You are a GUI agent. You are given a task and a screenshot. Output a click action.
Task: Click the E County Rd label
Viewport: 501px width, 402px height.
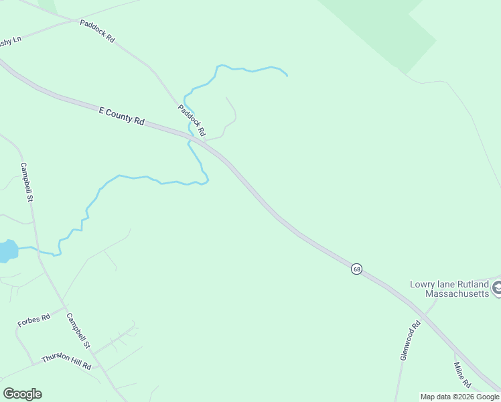click(x=121, y=116)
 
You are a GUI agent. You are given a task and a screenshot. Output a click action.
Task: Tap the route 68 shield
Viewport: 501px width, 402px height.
click(x=356, y=269)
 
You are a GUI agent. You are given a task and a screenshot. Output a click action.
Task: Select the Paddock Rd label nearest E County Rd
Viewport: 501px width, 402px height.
click(x=191, y=120)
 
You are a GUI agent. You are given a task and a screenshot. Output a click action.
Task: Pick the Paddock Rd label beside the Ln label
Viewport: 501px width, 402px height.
click(x=97, y=31)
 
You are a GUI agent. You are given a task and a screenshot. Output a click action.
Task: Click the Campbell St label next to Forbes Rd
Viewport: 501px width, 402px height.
click(x=78, y=331)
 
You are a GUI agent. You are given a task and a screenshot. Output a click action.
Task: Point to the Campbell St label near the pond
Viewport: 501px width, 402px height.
click(x=27, y=182)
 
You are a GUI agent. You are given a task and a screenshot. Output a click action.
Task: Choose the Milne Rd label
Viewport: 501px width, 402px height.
click(x=463, y=375)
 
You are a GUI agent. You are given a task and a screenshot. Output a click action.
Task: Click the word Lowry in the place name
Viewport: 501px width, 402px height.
click(x=423, y=284)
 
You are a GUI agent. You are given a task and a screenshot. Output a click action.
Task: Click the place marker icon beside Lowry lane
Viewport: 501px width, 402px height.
click(x=497, y=289)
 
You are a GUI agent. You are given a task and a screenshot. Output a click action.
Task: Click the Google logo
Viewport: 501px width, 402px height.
click(x=22, y=394)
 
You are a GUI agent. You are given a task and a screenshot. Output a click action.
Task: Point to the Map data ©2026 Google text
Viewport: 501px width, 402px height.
click(x=459, y=397)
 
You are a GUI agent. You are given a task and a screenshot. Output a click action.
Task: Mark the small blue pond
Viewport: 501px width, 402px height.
click(x=6, y=251)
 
